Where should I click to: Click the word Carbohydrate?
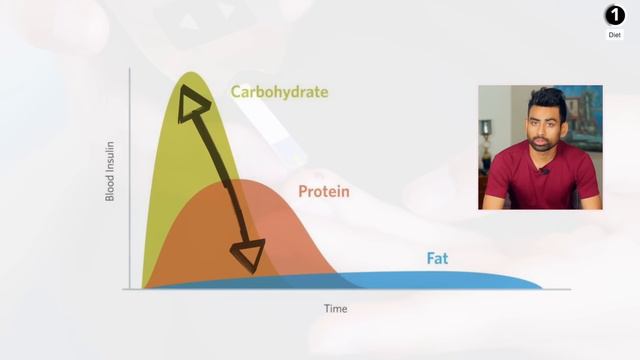click(x=279, y=92)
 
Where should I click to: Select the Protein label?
click(x=324, y=190)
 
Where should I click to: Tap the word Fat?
click(x=437, y=258)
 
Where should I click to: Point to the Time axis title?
click(x=336, y=308)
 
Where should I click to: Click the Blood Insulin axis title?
click(x=110, y=171)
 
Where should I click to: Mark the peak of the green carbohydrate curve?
click(x=192, y=73)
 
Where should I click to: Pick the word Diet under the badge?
click(x=616, y=35)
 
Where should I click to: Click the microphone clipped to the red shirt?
click(x=544, y=172)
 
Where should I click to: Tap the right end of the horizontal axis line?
click(x=571, y=289)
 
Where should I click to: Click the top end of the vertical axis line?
click(x=129, y=68)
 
